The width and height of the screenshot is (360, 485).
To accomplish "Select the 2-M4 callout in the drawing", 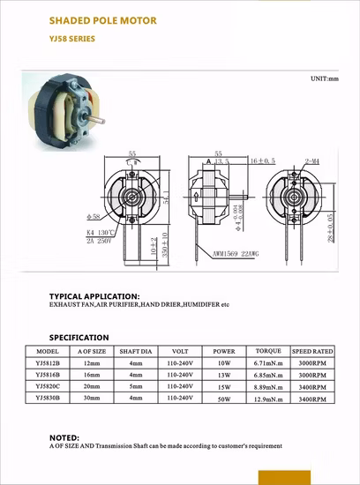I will (x=311, y=162).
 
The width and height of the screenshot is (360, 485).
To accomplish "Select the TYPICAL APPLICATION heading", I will (x=94, y=295).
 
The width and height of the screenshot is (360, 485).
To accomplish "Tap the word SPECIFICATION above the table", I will (x=79, y=337).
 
